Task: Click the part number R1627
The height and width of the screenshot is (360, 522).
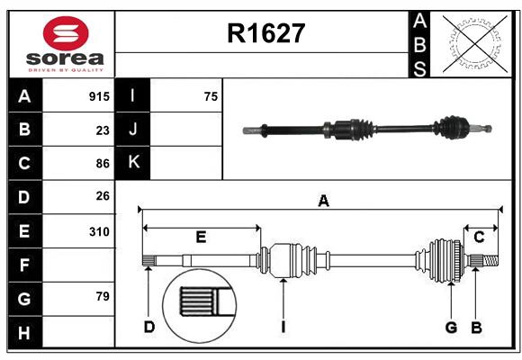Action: (x=266, y=33)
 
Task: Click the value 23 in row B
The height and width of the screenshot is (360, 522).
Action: (x=103, y=130)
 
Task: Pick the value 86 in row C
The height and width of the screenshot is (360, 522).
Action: (x=103, y=164)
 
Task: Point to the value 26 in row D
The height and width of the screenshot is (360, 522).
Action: (x=103, y=196)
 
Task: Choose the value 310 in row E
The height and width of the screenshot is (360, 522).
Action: (x=99, y=231)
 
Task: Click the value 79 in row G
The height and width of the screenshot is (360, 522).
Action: (x=103, y=296)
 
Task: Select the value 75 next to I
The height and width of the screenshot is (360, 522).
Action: (x=211, y=96)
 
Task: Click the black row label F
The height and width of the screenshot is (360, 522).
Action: (x=24, y=265)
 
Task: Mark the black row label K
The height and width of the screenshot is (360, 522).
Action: (x=133, y=163)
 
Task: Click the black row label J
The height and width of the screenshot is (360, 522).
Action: (x=133, y=130)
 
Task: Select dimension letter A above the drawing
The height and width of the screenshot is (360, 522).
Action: (x=322, y=202)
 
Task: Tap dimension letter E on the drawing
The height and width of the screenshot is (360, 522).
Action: (x=201, y=238)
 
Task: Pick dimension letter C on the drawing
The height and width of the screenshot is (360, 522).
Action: (x=479, y=238)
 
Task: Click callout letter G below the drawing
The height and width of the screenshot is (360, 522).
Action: (x=451, y=327)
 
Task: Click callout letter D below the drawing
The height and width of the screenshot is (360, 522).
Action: (x=149, y=327)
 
